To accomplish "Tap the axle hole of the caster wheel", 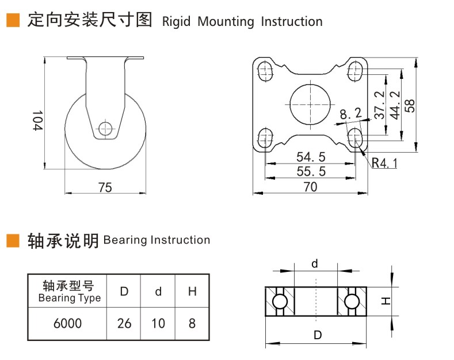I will coord(105,128).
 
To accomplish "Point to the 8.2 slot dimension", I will coord(350,115).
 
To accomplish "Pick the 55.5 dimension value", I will coord(311,171).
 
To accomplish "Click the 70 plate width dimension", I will coord(311,186).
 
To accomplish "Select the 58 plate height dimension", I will coord(410,104).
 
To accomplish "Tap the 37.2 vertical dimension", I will coord(379,104).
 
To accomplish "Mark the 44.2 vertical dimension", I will coord(394,104).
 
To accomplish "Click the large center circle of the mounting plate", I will coord(311,104).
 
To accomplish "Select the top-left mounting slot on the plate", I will coord(265,71).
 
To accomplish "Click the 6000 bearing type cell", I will coord(67,324).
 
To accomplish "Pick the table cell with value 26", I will coord(124,324).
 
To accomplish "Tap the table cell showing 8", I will coord(192,324).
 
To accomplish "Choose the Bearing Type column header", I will coord(67,291).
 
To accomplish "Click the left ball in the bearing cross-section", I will coord(280,302).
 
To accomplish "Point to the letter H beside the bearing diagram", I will coord(386,301).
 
